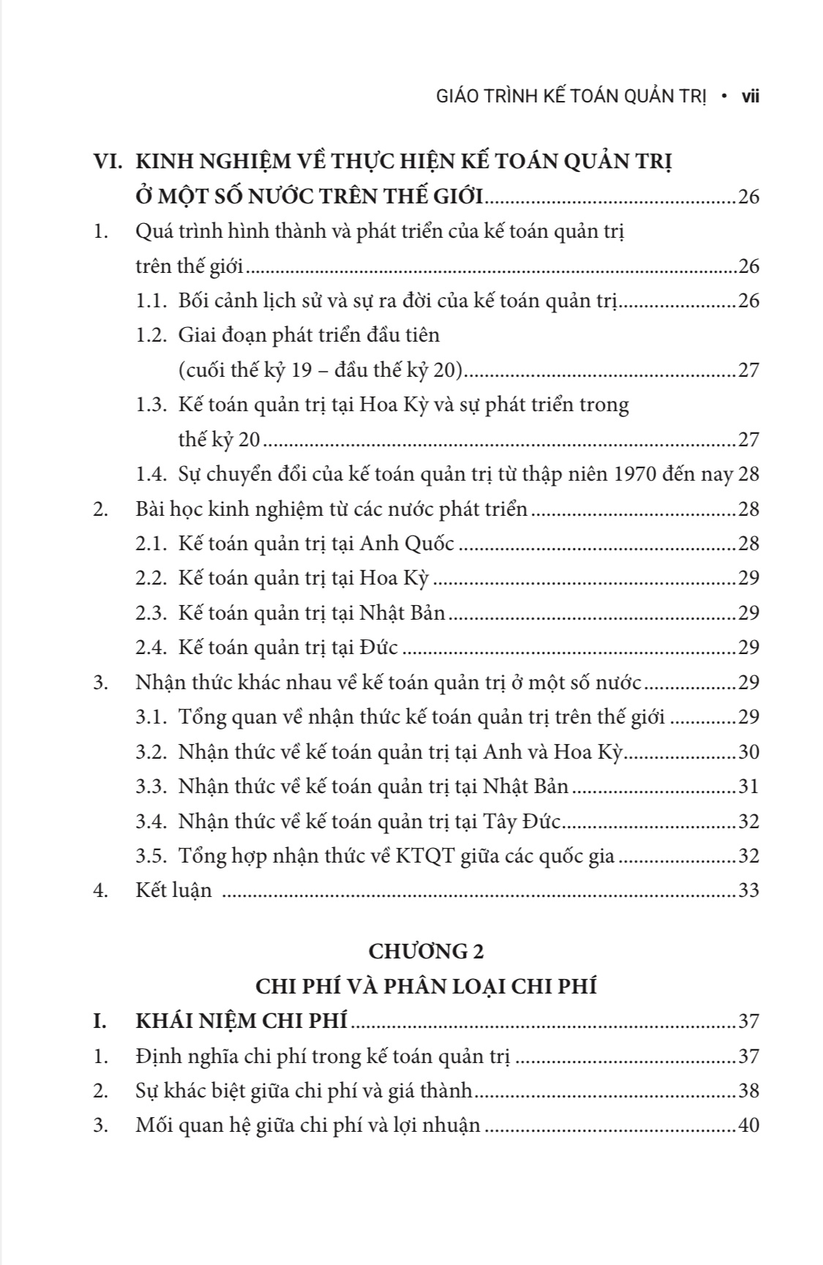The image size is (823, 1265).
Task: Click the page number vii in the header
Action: click(x=750, y=97)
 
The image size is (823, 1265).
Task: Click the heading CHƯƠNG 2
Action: click(x=426, y=951)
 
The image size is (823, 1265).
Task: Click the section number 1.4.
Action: click(x=151, y=474)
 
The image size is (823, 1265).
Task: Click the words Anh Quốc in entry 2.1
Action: click(x=407, y=544)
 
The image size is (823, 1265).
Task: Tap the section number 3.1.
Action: click(x=151, y=717)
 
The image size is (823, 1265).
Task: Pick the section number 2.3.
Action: click(x=151, y=613)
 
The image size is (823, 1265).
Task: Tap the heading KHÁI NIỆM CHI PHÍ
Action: click(x=241, y=1021)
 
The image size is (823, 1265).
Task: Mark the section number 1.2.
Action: click(x=151, y=336)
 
